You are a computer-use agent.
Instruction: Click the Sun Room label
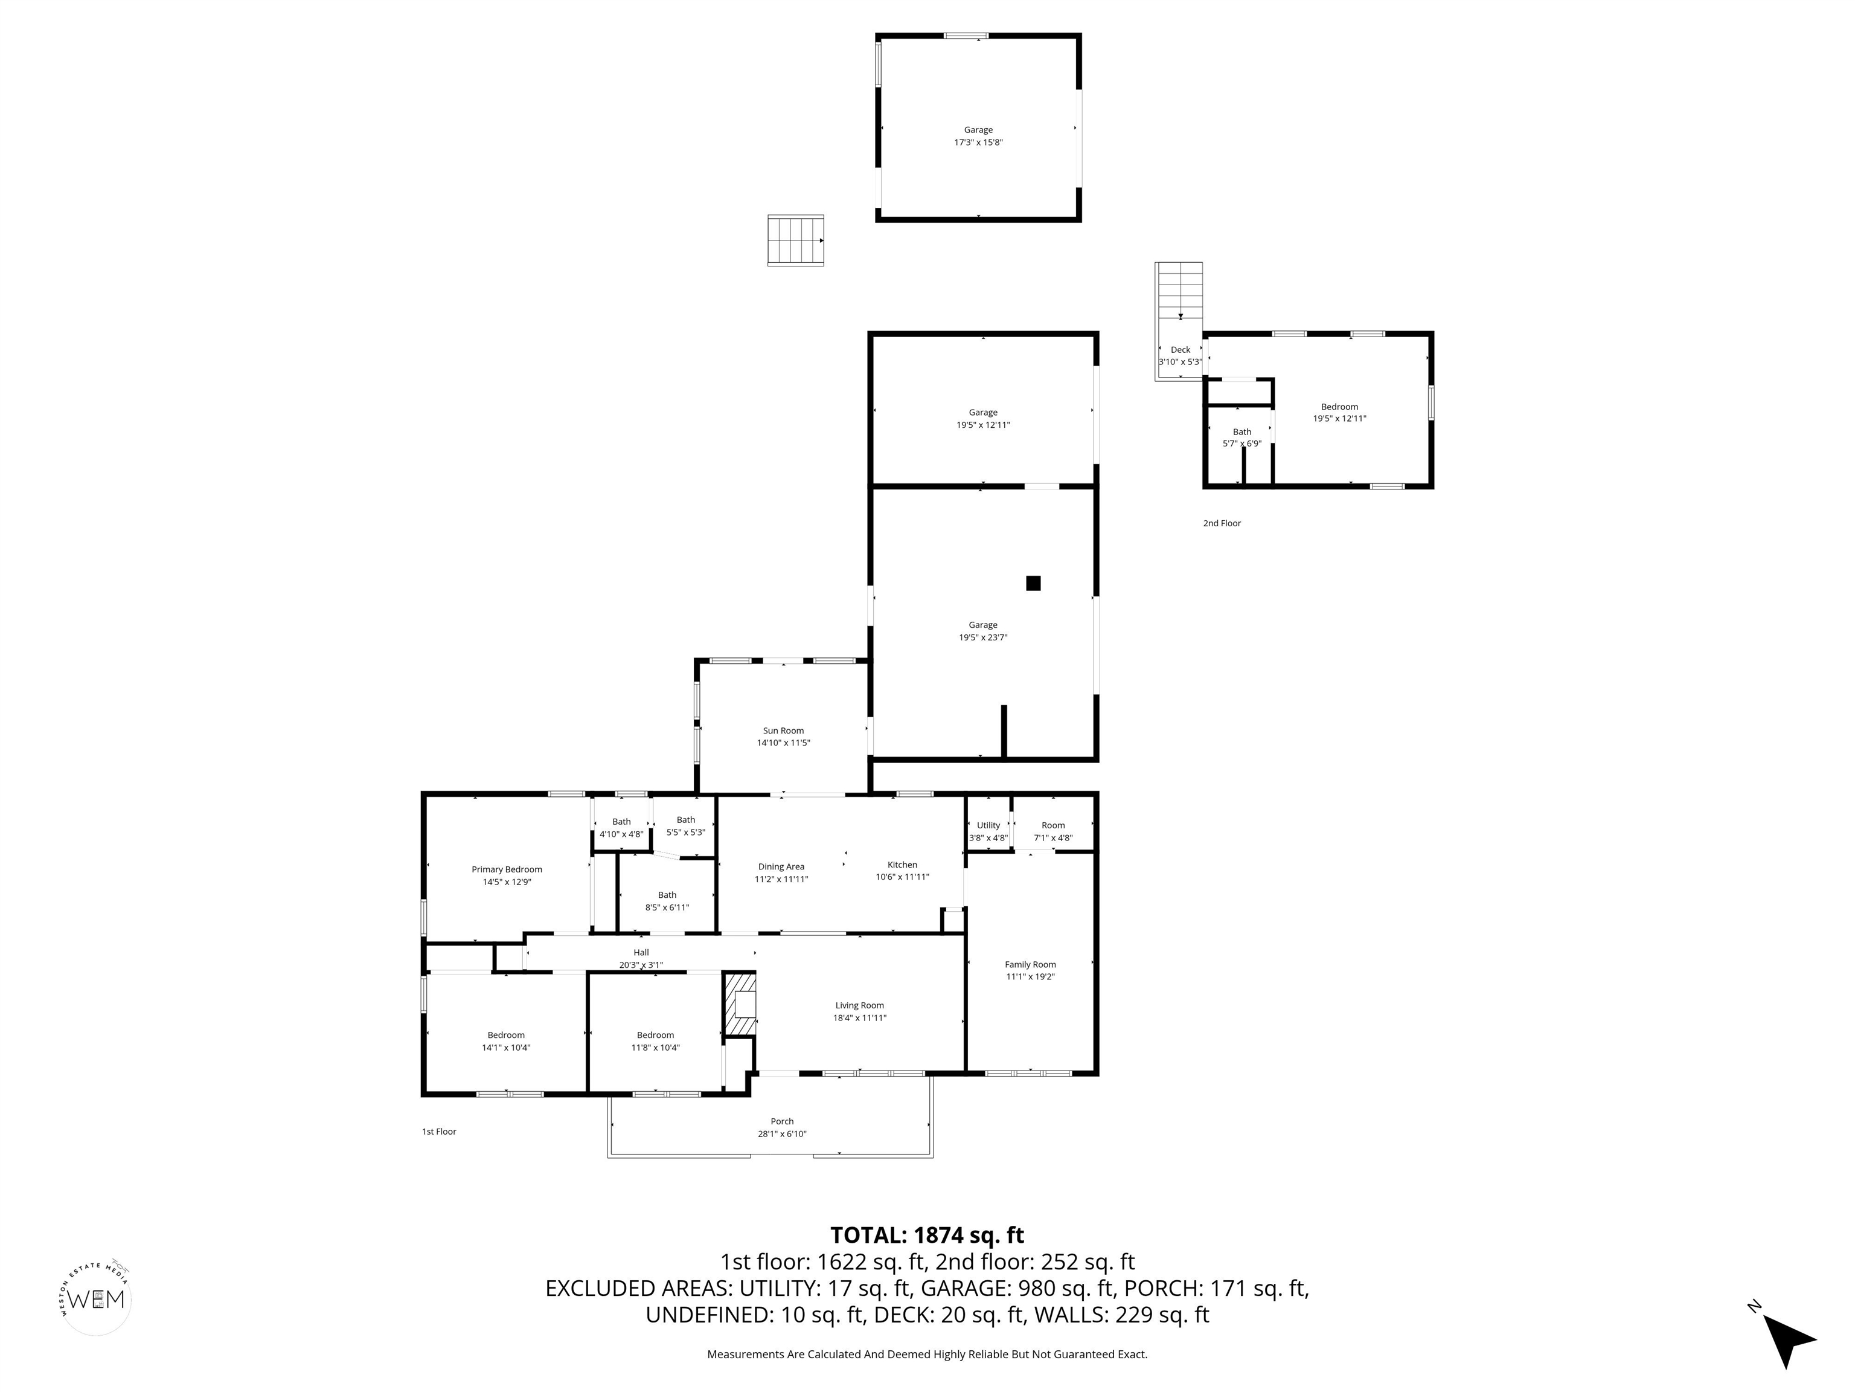[783, 731]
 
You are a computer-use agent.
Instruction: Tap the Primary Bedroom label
[507, 869]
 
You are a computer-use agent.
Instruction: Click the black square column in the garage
[1033, 583]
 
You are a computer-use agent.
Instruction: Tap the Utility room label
[988, 826]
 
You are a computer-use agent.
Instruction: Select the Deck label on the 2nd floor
[1180, 350]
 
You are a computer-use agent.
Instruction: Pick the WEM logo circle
[97, 1299]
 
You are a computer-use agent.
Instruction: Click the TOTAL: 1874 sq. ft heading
[927, 1235]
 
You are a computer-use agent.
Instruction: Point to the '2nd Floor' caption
[1221, 524]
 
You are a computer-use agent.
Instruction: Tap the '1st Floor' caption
[438, 1132]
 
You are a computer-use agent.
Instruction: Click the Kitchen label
[902, 865]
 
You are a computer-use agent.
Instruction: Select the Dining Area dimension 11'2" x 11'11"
[781, 879]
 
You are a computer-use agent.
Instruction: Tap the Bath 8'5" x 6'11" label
[667, 901]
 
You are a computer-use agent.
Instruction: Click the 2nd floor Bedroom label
[1339, 407]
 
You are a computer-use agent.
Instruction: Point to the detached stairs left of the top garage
[795, 241]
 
